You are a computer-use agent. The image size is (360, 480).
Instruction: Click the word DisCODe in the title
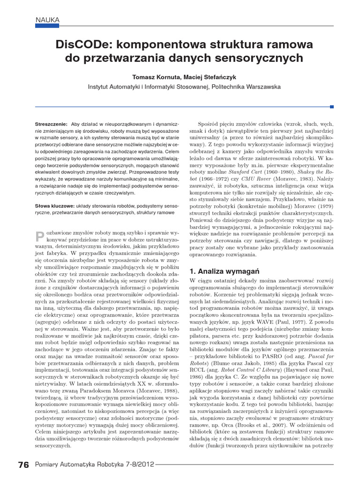pyautogui.click(x=82, y=45)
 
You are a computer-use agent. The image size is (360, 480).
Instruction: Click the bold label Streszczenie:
pyautogui.click(x=51, y=124)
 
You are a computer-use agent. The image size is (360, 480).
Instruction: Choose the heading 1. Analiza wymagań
pyautogui.click(x=217, y=271)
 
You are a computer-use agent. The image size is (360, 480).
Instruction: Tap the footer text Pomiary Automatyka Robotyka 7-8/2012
pyautogui.click(x=95, y=465)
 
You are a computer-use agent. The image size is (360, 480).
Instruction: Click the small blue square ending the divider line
pyautogui.click(x=332, y=107)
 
